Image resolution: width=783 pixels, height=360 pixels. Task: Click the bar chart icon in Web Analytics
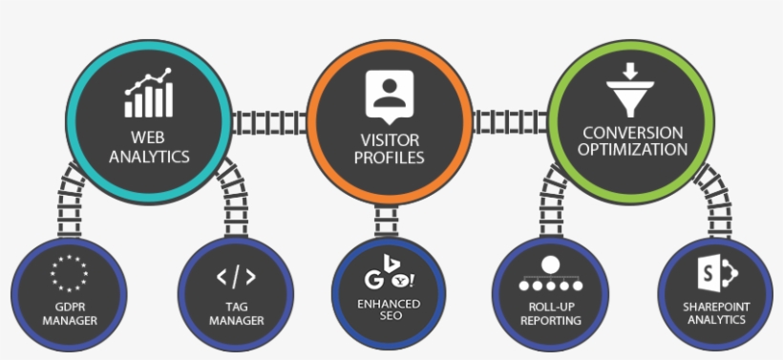(148, 92)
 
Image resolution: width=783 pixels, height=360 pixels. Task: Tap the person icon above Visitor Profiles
(388, 94)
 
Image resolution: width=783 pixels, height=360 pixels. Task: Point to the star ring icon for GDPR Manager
(69, 273)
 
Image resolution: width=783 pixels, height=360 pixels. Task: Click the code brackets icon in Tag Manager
(235, 277)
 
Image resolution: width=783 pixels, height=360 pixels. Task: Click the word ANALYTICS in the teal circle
(149, 157)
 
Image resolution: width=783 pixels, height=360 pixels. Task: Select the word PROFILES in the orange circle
(389, 157)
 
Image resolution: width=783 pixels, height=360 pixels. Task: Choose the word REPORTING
(549, 321)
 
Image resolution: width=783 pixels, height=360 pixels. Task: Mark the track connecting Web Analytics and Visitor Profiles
(266, 121)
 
